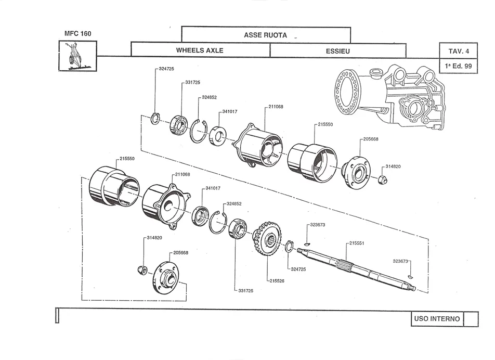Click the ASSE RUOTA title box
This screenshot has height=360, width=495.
point(266,35)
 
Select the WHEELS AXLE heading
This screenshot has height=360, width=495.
point(200,50)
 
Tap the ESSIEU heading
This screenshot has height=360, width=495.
point(338,51)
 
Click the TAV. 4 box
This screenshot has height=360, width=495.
point(459,51)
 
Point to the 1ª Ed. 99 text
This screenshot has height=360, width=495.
point(459,66)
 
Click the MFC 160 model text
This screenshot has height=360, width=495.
point(77,33)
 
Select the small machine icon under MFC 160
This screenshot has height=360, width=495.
point(77,56)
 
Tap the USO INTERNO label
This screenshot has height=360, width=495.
point(437,318)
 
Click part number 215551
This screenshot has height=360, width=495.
point(357,243)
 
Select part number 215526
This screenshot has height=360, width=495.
point(277,281)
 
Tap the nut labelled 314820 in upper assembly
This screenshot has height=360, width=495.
point(382,179)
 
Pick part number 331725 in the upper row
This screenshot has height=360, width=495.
point(192,82)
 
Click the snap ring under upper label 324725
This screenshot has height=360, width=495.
point(155,118)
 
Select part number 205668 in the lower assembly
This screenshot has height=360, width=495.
point(180,253)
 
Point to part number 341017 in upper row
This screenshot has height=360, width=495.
point(229,111)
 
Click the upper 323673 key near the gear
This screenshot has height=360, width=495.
point(307,243)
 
